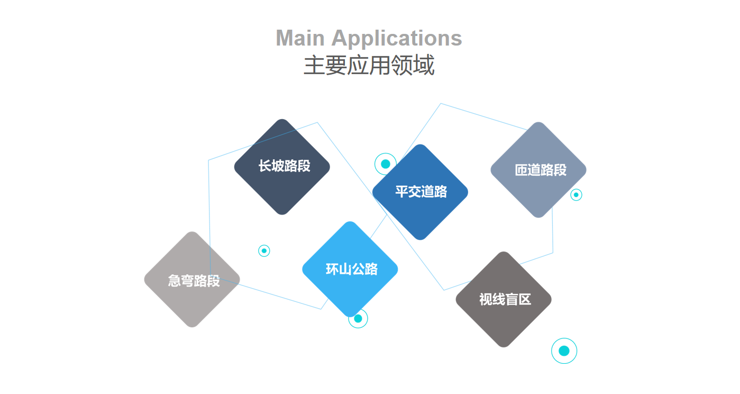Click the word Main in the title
point(300,38)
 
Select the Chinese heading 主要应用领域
point(369,66)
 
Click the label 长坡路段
point(284,166)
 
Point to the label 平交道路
point(421,192)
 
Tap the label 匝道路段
point(541,170)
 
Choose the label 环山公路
point(352,270)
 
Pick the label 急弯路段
point(194,281)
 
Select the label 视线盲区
point(505,300)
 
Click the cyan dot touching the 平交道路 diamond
point(386,164)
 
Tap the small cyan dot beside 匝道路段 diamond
point(576,195)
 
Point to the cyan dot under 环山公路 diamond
point(358,319)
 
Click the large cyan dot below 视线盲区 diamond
point(564,351)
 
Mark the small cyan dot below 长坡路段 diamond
point(264,250)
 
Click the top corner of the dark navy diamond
point(282,120)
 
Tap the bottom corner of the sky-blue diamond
point(350,316)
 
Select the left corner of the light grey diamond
point(145,279)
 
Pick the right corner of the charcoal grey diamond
point(550,299)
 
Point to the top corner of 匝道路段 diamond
point(538,123)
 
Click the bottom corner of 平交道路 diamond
point(421,239)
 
